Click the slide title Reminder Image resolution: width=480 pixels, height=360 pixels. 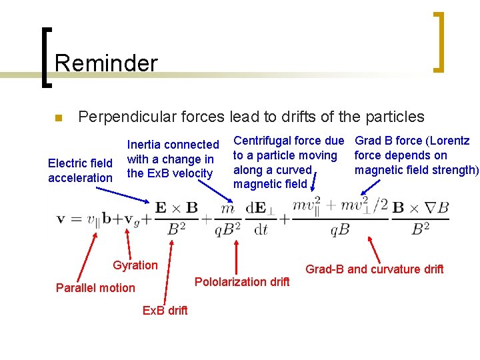[106, 63]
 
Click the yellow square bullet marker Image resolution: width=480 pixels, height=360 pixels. [58, 119]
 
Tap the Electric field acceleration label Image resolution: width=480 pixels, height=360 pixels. [80, 170]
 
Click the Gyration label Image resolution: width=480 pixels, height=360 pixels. [135, 265]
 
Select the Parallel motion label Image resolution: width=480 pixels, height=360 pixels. [95, 288]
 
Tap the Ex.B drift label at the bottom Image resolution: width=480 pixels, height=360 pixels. [165, 310]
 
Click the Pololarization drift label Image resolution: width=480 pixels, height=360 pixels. [242, 282]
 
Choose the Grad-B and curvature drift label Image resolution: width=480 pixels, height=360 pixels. [374, 269]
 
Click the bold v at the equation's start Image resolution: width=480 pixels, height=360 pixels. [61, 219]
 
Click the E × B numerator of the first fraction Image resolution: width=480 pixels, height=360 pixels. [176, 208]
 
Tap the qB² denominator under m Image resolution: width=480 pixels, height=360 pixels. [228, 229]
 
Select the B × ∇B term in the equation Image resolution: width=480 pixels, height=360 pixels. [420, 208]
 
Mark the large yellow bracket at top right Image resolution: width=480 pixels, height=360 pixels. [438, 41]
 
